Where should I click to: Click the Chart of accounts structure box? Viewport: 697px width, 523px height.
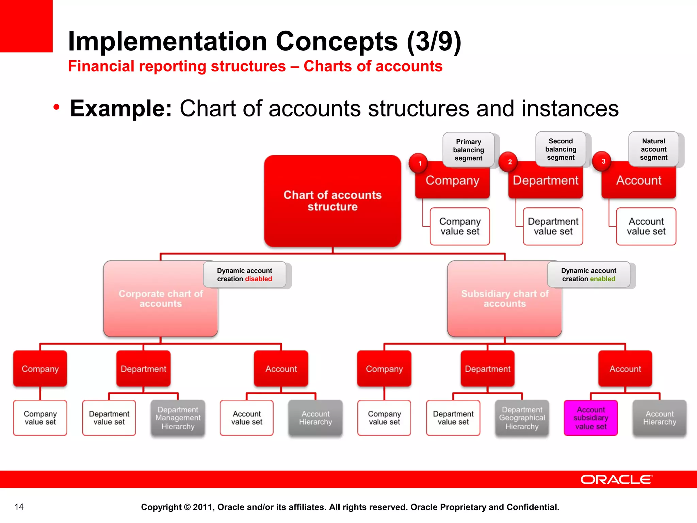(333, 201)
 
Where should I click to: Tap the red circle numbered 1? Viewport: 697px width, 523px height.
(419, 163)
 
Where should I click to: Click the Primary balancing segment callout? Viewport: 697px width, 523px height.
(468, 150)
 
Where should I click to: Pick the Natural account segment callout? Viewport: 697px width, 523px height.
(653, 149)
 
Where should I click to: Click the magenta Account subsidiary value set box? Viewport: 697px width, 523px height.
(590, 418)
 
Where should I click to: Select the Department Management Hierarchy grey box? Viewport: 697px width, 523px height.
(178, 418)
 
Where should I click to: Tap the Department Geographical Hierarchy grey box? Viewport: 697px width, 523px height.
(522, 418)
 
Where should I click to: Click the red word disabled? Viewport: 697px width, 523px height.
(258, 279)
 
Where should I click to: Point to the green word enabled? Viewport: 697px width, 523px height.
(603, 279)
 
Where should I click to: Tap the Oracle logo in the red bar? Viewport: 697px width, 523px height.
(616, 479)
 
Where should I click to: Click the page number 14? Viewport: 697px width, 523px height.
(19, 507)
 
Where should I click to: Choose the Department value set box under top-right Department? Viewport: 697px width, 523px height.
(553, 226)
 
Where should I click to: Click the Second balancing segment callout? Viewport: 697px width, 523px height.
(561, 149)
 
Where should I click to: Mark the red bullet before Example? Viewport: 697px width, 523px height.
(56, 107)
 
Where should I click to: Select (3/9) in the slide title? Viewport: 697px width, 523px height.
(434, 41)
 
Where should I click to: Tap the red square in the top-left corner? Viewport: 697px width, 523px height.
(26, 26)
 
